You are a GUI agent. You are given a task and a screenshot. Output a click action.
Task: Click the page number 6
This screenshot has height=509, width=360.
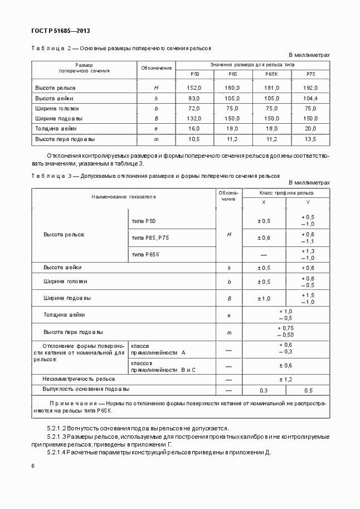click(33, 466)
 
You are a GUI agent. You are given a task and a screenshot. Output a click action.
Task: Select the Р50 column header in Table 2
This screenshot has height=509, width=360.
click(194, 74)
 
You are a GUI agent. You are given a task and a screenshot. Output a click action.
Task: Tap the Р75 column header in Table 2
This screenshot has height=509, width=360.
click(310, 74)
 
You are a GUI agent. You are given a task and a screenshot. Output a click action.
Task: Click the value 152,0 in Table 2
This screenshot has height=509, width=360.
click(194, 88)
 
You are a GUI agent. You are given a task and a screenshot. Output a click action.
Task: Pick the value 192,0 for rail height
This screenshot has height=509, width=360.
click(310, 88)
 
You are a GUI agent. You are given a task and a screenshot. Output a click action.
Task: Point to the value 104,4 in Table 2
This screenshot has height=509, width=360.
click(310, 98)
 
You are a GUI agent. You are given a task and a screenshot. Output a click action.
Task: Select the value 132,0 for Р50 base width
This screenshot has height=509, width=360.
click(194, 119)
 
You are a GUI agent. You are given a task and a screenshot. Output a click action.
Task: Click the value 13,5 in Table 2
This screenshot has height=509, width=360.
click(310, 139)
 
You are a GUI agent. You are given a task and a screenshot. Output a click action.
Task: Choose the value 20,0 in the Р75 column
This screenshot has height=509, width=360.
click(310, 129)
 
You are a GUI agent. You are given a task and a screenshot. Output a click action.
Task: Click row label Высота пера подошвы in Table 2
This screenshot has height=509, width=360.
click(65, 139)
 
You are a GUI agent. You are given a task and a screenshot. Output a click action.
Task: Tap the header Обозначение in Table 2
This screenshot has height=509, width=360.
click(156, 68)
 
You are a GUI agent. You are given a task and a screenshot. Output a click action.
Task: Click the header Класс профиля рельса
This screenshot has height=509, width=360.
click(286, 192)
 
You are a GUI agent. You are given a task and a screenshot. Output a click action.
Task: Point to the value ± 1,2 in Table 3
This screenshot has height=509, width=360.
click(285, 379)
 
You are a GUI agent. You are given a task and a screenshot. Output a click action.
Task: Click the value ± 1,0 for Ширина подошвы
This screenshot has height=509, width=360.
click(264, 298)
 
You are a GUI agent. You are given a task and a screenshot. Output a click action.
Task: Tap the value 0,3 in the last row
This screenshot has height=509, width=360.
click(264, 390)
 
